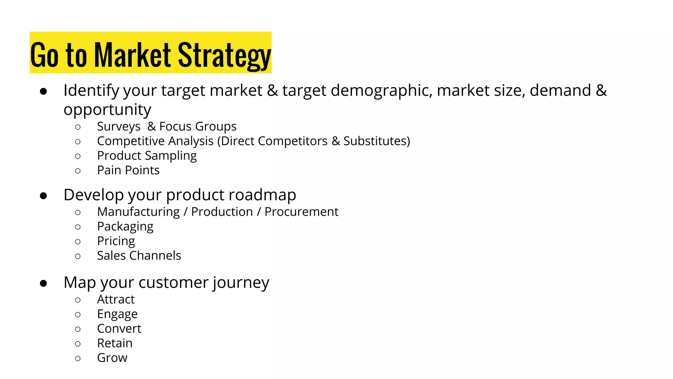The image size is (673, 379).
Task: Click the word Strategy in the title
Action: [x=224, y=55]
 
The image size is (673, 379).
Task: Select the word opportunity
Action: [x=107, y=110]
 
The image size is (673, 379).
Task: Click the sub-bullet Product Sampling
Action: [x=147, y=156]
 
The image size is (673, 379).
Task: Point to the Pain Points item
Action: [x=128, y=170]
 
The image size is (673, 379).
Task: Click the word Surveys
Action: [x=119, y=127]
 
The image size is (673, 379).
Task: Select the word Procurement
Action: [x=301, y=212]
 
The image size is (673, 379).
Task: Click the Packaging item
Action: [x=125, y=227]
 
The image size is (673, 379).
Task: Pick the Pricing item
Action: [x=116, y=241]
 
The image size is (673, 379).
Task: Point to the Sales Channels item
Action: [x=139, y=256]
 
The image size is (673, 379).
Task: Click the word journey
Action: [x=241, y=283]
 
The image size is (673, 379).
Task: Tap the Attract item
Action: [x=116, y=299]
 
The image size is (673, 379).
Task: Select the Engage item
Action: [x=117, y=314]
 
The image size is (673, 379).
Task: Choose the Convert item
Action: [x=119, y=329]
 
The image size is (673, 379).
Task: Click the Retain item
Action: [x=115, y=343]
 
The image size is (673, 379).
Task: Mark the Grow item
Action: [x=112, y=358]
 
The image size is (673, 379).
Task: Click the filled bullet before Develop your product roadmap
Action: [x=43, y=196]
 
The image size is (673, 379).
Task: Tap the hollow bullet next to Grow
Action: [x=78, y=358]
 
